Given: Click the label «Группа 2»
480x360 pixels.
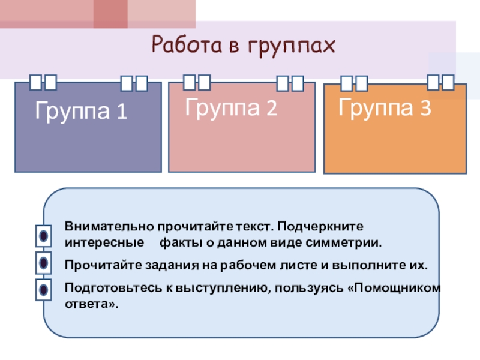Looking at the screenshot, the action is tap(231, 109).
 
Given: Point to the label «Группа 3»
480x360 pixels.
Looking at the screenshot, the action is tap(385, 109).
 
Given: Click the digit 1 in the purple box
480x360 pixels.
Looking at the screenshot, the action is tap(122, 112).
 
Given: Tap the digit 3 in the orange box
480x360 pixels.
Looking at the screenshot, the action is tap(425, 109).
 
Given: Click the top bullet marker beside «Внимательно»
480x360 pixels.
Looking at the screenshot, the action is tap(44, 236).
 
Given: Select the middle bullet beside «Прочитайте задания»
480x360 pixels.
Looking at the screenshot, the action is tap(44, 262).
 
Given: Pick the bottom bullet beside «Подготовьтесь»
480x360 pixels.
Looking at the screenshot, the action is tap(44, 289).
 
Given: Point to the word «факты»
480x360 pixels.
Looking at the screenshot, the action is tap(178, 244).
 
